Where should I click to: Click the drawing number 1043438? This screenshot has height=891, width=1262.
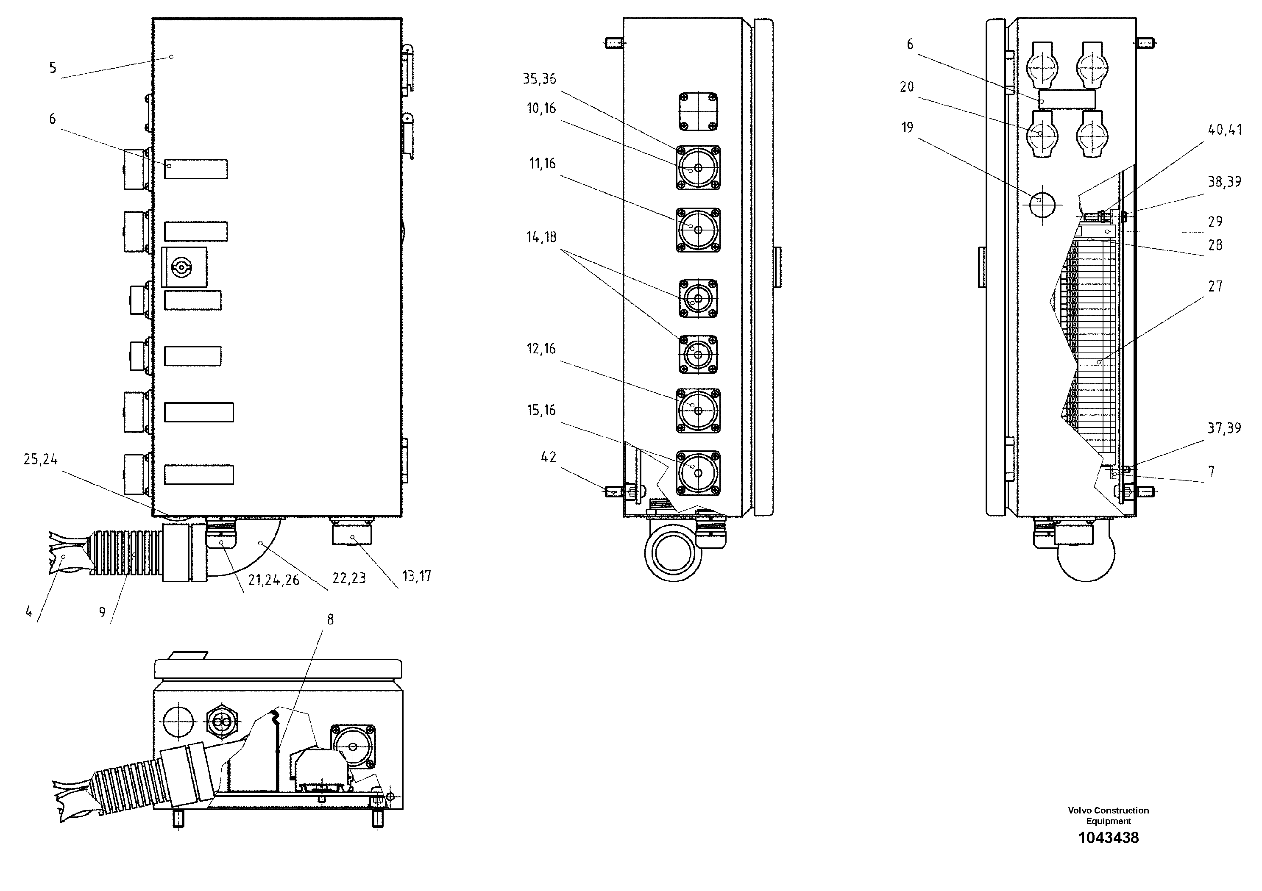tap(1108, 838)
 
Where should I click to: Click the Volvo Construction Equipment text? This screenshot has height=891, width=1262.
tap(1108, 815)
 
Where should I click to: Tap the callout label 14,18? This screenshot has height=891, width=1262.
tap(541, 237)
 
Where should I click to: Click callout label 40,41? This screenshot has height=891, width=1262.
tap(1225, 130)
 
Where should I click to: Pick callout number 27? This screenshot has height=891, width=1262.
tap(1215, 286)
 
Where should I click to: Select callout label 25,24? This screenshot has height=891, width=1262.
tap(40, 459)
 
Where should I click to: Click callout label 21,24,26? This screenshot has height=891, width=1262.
tap(273, 580)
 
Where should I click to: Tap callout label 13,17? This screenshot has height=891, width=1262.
tap(417, 576)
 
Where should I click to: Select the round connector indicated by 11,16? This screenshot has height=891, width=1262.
tap(697, 230)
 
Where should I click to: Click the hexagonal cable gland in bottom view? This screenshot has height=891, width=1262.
tap(222, 724)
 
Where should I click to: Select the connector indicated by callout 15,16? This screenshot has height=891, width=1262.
tap(697, 472)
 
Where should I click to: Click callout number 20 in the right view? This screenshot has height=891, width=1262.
tap(907, 87)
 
